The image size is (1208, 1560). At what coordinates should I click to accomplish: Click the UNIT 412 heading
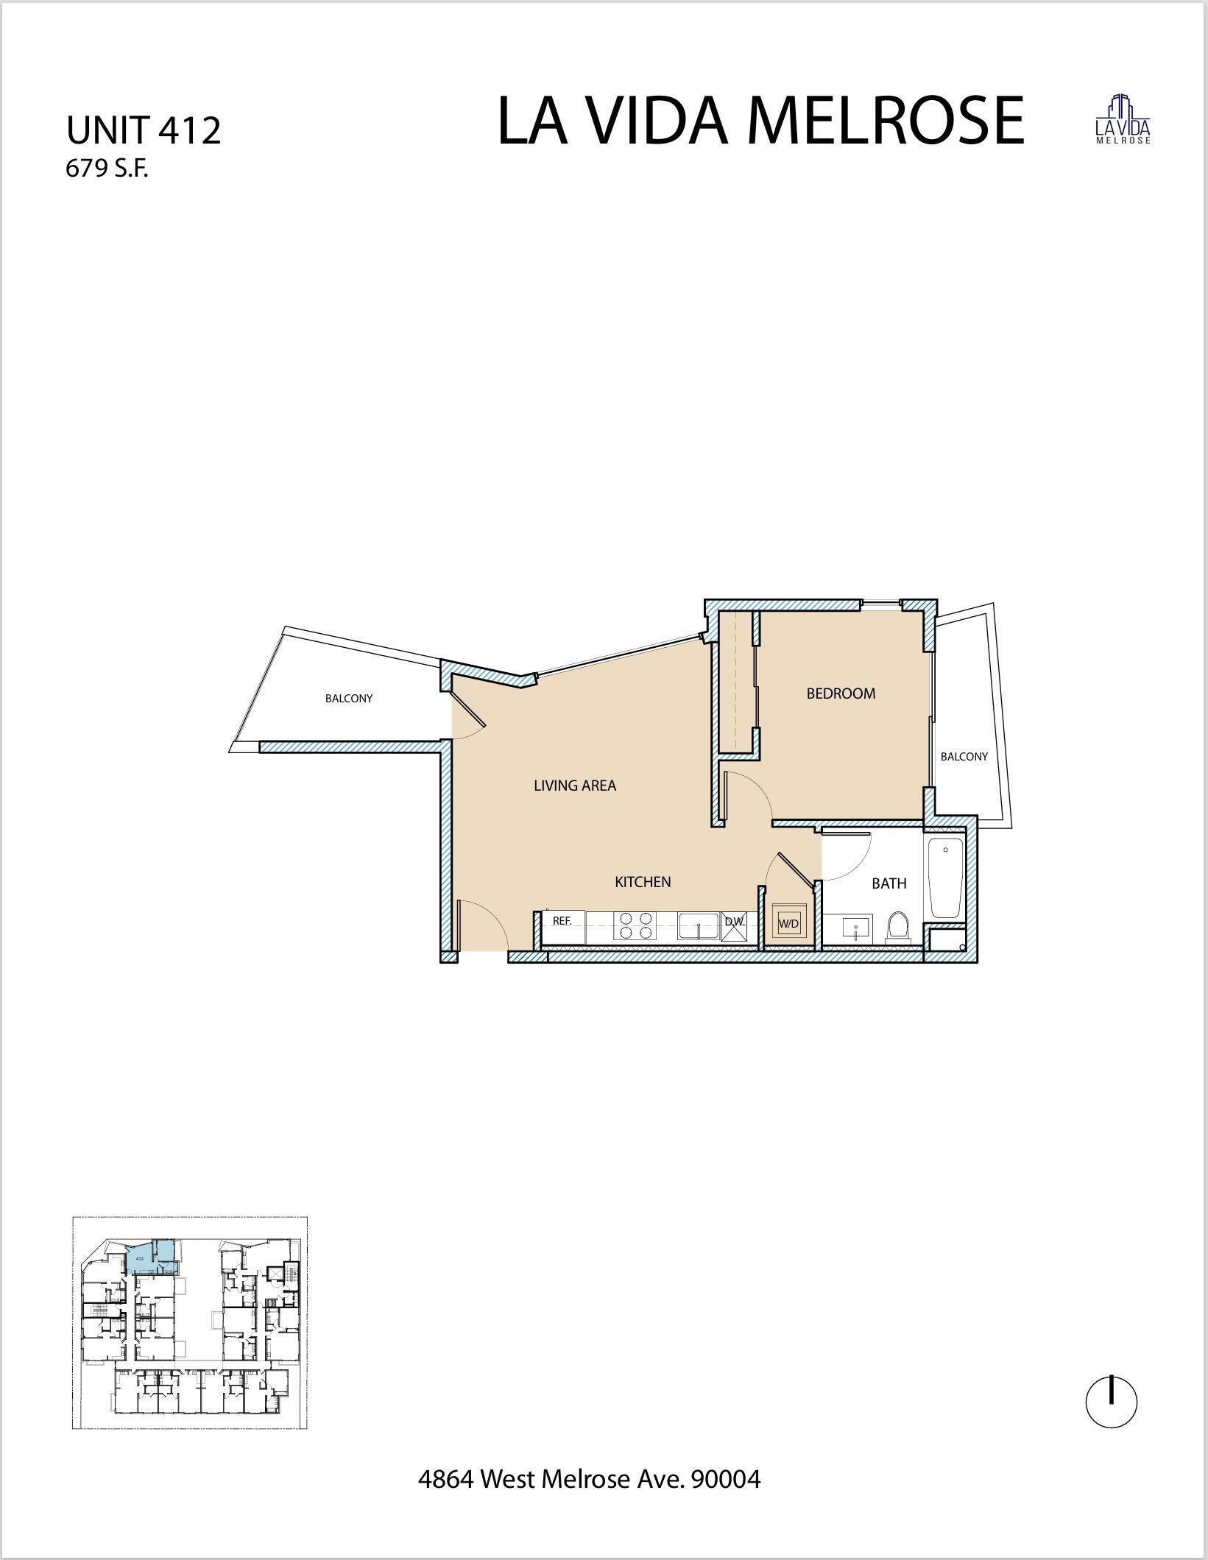[144, 131]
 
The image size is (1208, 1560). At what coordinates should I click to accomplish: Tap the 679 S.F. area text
[107, 169]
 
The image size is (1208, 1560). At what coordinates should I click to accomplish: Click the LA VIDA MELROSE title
[760, 121]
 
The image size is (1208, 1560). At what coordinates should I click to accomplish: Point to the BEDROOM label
[841, 693]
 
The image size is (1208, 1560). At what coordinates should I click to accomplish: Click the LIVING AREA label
[574, 786]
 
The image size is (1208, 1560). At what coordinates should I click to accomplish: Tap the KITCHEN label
[643, 882]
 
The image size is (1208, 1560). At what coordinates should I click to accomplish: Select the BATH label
[889, 883]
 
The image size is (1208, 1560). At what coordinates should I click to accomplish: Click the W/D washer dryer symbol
[788, 923]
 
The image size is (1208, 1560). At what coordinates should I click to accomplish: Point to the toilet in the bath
[897, 928]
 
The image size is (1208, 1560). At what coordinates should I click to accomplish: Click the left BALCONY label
[349, 699]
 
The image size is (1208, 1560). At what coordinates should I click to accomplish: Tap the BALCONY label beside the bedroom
[964, 757]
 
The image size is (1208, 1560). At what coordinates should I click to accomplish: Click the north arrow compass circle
[1111, 1402]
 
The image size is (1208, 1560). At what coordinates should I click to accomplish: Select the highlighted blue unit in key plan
[151, 1259]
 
